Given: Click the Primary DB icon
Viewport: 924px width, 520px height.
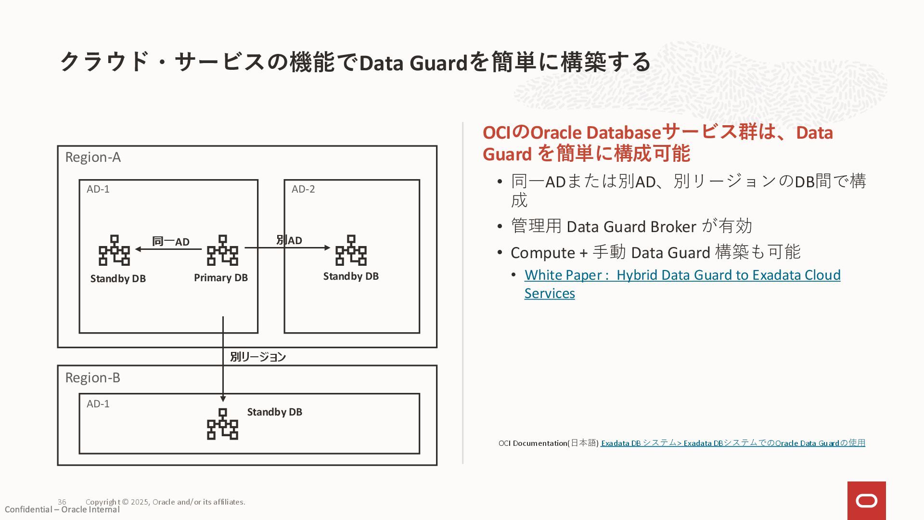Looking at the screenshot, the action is (x=222, y=250).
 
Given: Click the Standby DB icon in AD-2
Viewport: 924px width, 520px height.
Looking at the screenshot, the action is (x=351, y=250).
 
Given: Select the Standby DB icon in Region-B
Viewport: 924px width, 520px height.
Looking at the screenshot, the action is (x=222, y=424).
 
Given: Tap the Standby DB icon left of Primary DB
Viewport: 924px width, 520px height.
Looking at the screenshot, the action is (x=114, y=250).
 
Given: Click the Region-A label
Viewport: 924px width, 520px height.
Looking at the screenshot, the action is (x=93, y=157).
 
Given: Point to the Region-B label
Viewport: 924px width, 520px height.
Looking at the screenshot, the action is (x=92, y=378).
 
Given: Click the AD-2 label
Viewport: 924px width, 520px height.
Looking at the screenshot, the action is (x=303, y=189).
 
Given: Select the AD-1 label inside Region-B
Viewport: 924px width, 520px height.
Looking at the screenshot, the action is (x=98, y=404).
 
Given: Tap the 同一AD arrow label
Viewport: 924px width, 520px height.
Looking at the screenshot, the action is (x=171, y=241).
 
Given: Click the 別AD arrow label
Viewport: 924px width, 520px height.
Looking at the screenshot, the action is (x=289, y=240).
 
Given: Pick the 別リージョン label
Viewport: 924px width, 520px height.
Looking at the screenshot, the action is (x=258, y=357).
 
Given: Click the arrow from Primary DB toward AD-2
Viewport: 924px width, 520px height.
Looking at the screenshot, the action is (x=308, y=248).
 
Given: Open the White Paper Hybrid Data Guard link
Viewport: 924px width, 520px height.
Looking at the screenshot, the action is (x=682, y=275).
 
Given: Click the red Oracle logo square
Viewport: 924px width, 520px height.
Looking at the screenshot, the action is (x=866, y=501).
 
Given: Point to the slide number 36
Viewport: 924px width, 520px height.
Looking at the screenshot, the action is (x=62, y=502).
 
